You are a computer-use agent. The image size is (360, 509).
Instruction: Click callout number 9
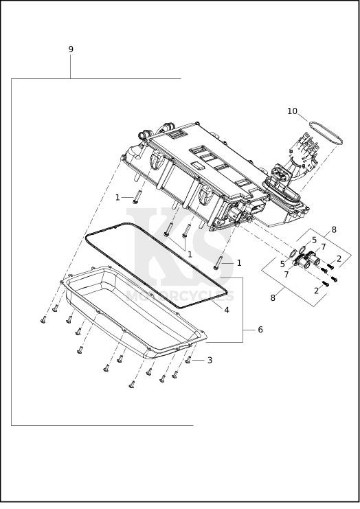pos(71,49)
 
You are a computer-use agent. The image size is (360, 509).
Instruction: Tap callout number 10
pos(292,111)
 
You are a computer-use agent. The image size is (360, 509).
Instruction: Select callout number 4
pos(227,310)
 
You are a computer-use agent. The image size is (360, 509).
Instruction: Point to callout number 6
pos(260,330)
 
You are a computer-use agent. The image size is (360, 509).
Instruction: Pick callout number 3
pos(210,360)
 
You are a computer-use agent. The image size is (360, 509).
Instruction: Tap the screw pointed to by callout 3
pos(188,359)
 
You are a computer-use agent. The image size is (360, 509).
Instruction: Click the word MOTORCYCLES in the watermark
pos(180,296)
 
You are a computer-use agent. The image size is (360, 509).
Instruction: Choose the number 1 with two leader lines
pos(190,254)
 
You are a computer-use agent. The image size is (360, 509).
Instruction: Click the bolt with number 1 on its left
pos(136,197)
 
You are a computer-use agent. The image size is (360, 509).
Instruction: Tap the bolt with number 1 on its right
pos(217,263)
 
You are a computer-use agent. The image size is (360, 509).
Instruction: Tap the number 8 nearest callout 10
pos(334,230)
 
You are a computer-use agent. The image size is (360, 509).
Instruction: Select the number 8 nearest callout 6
pos(273,297)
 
